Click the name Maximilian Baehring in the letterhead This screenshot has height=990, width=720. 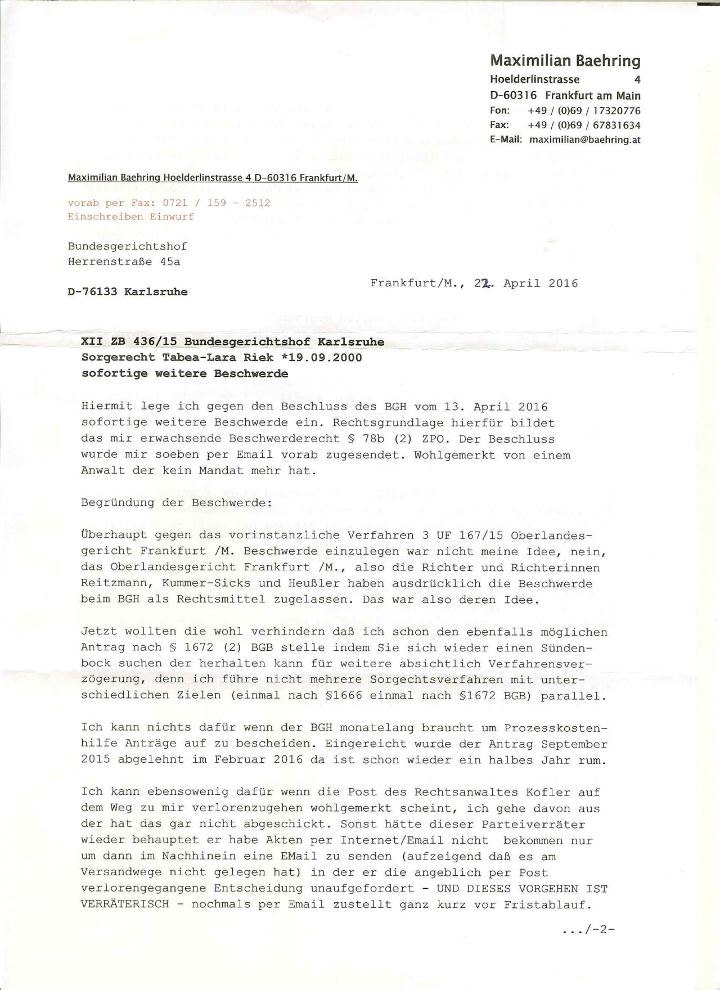point(565,61)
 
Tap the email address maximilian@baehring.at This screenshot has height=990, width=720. point(584,139)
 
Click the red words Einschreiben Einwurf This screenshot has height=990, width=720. point(130,217)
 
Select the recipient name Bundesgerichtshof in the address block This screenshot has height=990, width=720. point(127,246)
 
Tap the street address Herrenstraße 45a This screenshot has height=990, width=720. point(124,262)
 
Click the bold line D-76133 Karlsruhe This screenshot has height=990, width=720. point(127,292)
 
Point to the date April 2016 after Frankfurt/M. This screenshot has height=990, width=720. point(540,283)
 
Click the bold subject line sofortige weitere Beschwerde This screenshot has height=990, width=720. point(184,373)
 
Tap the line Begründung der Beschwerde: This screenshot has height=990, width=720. point(176,502)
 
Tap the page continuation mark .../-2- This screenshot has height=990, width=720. point(588,930)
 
